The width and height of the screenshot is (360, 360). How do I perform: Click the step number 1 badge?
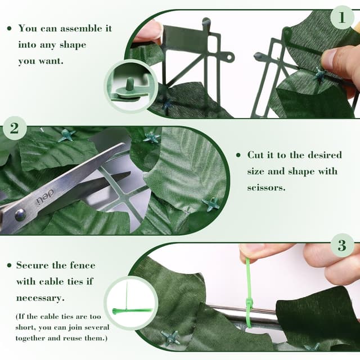tap(342, 17)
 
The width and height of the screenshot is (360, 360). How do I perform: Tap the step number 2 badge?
tap(15, 128)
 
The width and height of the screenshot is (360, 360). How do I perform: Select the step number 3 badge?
tap(342, 245)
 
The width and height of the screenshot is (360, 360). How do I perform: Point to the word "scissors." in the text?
tap(266, 187)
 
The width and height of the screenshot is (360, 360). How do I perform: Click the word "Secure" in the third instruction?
tap(32, 265)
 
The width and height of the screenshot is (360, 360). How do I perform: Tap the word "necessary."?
tap(40, 298)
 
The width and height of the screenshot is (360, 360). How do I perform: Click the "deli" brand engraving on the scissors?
tap(45, 197)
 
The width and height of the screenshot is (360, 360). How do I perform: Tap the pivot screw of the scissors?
tap(20, 215)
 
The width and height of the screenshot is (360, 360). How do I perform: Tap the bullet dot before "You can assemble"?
tap(10, 29)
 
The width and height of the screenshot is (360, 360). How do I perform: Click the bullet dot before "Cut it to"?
tap(238, 155)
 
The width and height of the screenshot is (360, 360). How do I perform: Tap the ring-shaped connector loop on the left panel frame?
tap(229, 56)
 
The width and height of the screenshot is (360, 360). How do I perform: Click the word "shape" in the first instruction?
tap(73, 45)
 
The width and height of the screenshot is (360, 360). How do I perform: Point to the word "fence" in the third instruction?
tap(83, 265)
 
